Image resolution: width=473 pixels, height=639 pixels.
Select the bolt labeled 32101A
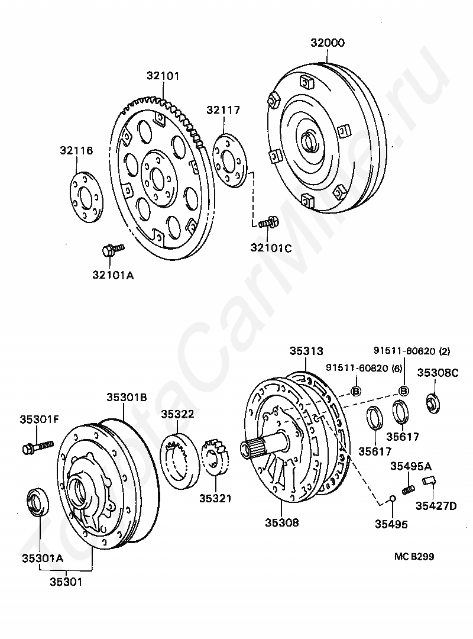(x=112, y=249)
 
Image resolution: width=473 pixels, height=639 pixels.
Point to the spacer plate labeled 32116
(x=85, y=197)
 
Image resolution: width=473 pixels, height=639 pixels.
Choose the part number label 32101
(x=163, y=76)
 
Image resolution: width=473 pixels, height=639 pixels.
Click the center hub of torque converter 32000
(x=310, y=142)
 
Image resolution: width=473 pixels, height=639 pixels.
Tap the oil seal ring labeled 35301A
(x=40, y=502)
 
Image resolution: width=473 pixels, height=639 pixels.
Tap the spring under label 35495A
(x=407, y=490)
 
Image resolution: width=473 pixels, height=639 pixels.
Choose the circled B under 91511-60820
(x=356, y=390)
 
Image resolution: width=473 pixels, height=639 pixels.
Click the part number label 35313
(x=306, y=351)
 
